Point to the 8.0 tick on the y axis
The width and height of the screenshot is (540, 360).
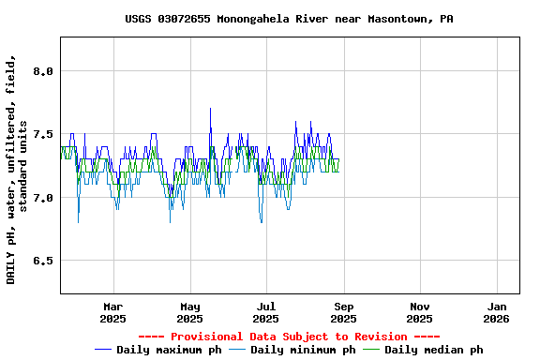[x=43, y=71]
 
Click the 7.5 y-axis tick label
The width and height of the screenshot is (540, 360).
[x=43, y=134]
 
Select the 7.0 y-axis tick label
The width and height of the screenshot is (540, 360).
[x=43, y=198]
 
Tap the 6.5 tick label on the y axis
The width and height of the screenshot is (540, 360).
[x=43, y=261]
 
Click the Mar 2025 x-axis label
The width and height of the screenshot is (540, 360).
[x=113, y=312]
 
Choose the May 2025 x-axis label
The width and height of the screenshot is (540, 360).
[x=190, y=312]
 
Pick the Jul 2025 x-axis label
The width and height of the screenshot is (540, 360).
[x=267, y=312]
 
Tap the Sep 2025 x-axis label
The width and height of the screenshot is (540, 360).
[x=344, y=312]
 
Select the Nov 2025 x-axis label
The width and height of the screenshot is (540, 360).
[x=421, y=312]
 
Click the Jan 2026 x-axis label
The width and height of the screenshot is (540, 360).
[x=498, y=312]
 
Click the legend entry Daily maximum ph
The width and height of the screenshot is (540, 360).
[x=169, y=350]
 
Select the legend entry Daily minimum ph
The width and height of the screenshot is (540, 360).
[x=303, y=350]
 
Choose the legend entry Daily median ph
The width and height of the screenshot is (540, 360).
[x=434, y=350]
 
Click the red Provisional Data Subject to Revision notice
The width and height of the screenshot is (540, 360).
[x=289, y=337]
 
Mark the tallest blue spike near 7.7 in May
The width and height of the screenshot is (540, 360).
[x=210, y=109]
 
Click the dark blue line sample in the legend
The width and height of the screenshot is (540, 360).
[x=104, y=350]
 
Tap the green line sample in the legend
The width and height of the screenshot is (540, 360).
[x=372, y=350]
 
